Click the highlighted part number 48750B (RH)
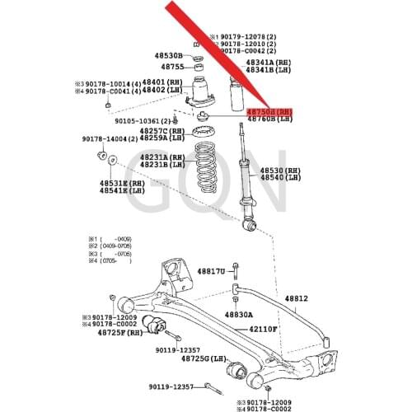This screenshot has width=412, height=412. click(x=269, y=111)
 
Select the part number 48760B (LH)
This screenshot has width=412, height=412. click(x=269, y=119)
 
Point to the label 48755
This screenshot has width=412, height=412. click(x=172, y=67)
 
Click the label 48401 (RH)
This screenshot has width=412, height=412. click(x=162, y=82)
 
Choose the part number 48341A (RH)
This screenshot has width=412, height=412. click(x=268, y=62)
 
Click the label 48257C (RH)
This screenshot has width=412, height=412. click(x=159, y=131)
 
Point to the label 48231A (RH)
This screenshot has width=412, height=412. click(x=159, y=157)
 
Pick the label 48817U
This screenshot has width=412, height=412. click(x=210, y=271)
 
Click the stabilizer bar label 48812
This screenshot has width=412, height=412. click(x=296, y=298)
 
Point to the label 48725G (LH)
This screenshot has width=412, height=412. click(x=204, y=358)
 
